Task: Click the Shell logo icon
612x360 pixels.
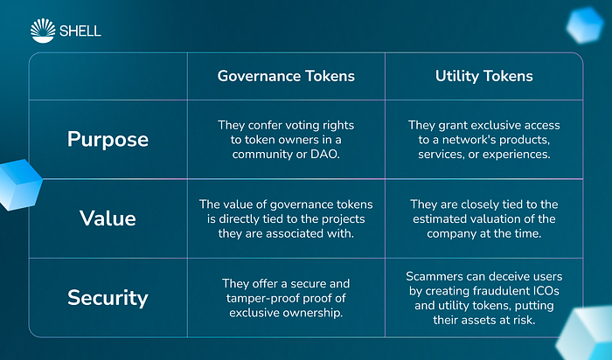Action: coord(43,31)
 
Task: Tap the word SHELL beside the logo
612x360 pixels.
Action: coord(80,31)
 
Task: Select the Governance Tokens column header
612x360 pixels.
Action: coord(286,76)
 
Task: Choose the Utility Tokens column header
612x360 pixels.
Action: coord(484,76)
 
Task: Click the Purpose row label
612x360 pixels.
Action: coord(108,139)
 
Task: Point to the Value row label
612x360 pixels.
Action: coord(108,218)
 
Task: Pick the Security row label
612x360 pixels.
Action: coord(108,298)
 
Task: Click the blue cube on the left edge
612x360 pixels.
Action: coord(19,184)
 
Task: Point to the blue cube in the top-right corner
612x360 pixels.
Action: coord(585,25)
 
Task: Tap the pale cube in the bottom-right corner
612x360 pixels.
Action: coord(586,334)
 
